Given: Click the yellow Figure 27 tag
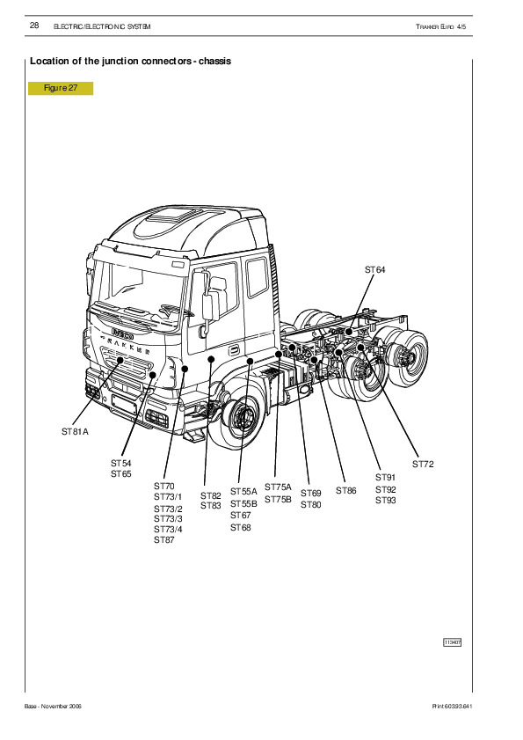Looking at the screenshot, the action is click(x=61, y=88).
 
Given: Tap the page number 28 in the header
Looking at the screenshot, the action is click(x=34, y=26).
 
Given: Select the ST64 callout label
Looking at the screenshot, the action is click(x=375, y=269).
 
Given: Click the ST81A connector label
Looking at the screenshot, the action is click(x=75, y=431).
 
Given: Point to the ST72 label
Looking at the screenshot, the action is click(x=423, y=464).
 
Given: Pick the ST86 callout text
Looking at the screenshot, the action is click(x=346, y=491).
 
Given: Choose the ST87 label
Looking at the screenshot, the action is click(x=164, y=540).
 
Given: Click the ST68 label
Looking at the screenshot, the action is click(x=241, y=528).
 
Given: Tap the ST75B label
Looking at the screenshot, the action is click(x=278, y=499).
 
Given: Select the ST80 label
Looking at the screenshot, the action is click(x=311, y=504).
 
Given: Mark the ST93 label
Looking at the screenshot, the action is click(x=386, y=501).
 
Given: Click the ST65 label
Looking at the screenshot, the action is click(x=121, y=473).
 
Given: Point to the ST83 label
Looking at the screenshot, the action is click(x=211, y=505).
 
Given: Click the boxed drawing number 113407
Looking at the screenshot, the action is click(x=453, y=642).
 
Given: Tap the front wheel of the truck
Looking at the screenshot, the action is click(x=242, y=417).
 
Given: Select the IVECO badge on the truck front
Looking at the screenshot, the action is click(x=122, y=333).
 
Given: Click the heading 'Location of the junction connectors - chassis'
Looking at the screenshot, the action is click(x=131, y=61).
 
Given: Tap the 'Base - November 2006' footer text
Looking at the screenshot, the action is click(x=53, y=706).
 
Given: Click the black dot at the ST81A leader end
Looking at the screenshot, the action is click(x=120, y=360).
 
